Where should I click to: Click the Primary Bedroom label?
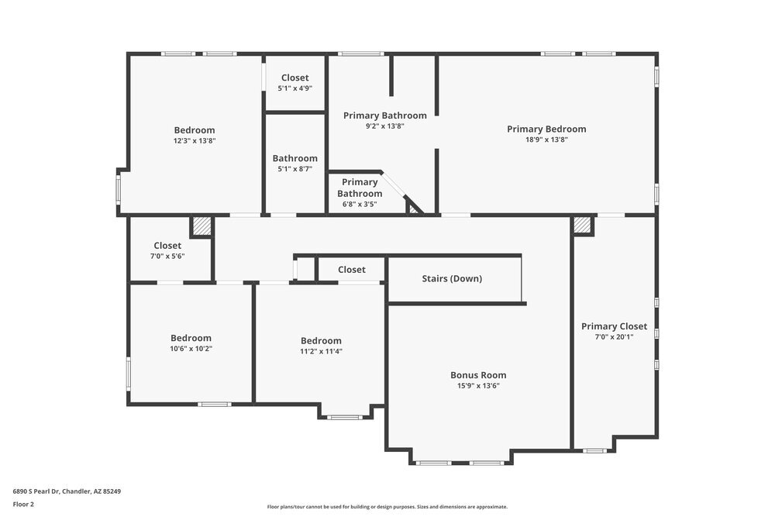(546, 129)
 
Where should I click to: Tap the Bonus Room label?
(478, 375)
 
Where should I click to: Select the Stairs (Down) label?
(452, 278)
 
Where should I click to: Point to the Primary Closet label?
(614, 326)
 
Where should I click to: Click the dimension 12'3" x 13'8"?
(195, 141)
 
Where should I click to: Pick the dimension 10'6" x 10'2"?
(191, 349)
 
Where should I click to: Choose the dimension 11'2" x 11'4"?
(321, 351)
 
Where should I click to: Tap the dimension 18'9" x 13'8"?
(546, 140)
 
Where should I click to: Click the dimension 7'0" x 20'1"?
(614, 337)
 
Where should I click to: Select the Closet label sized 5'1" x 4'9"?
(294, 78)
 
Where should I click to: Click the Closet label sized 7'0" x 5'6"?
(167, 246)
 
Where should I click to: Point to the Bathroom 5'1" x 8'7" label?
(294, 158)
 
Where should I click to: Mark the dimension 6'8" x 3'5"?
(360, 205)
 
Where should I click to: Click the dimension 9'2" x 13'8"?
(384, 126)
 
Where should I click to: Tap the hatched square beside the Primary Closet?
(583, 226)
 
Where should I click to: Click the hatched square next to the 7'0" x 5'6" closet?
(201, 226)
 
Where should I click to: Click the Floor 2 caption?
(23, 504)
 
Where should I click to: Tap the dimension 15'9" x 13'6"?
(478, 385)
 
